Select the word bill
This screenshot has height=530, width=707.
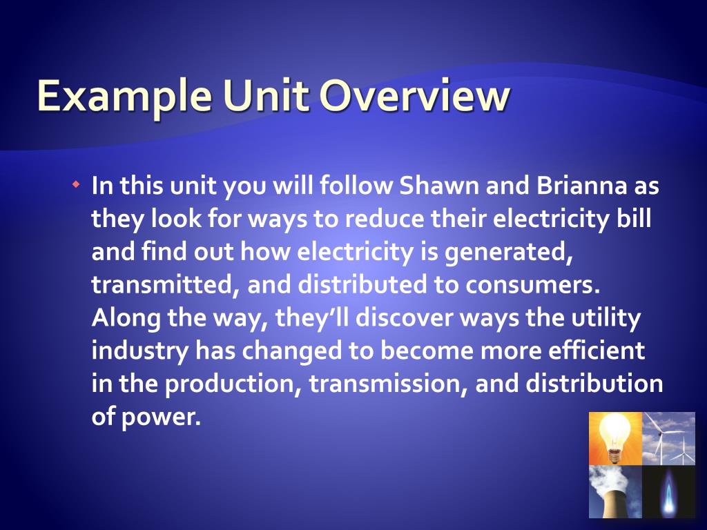point(636,219)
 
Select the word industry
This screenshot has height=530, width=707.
point(139,351)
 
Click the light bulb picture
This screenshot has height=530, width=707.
point(615,438)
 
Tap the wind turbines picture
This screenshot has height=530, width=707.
point(668,438)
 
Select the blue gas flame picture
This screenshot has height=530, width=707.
point(668,491)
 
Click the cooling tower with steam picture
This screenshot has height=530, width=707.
point(615,491)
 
